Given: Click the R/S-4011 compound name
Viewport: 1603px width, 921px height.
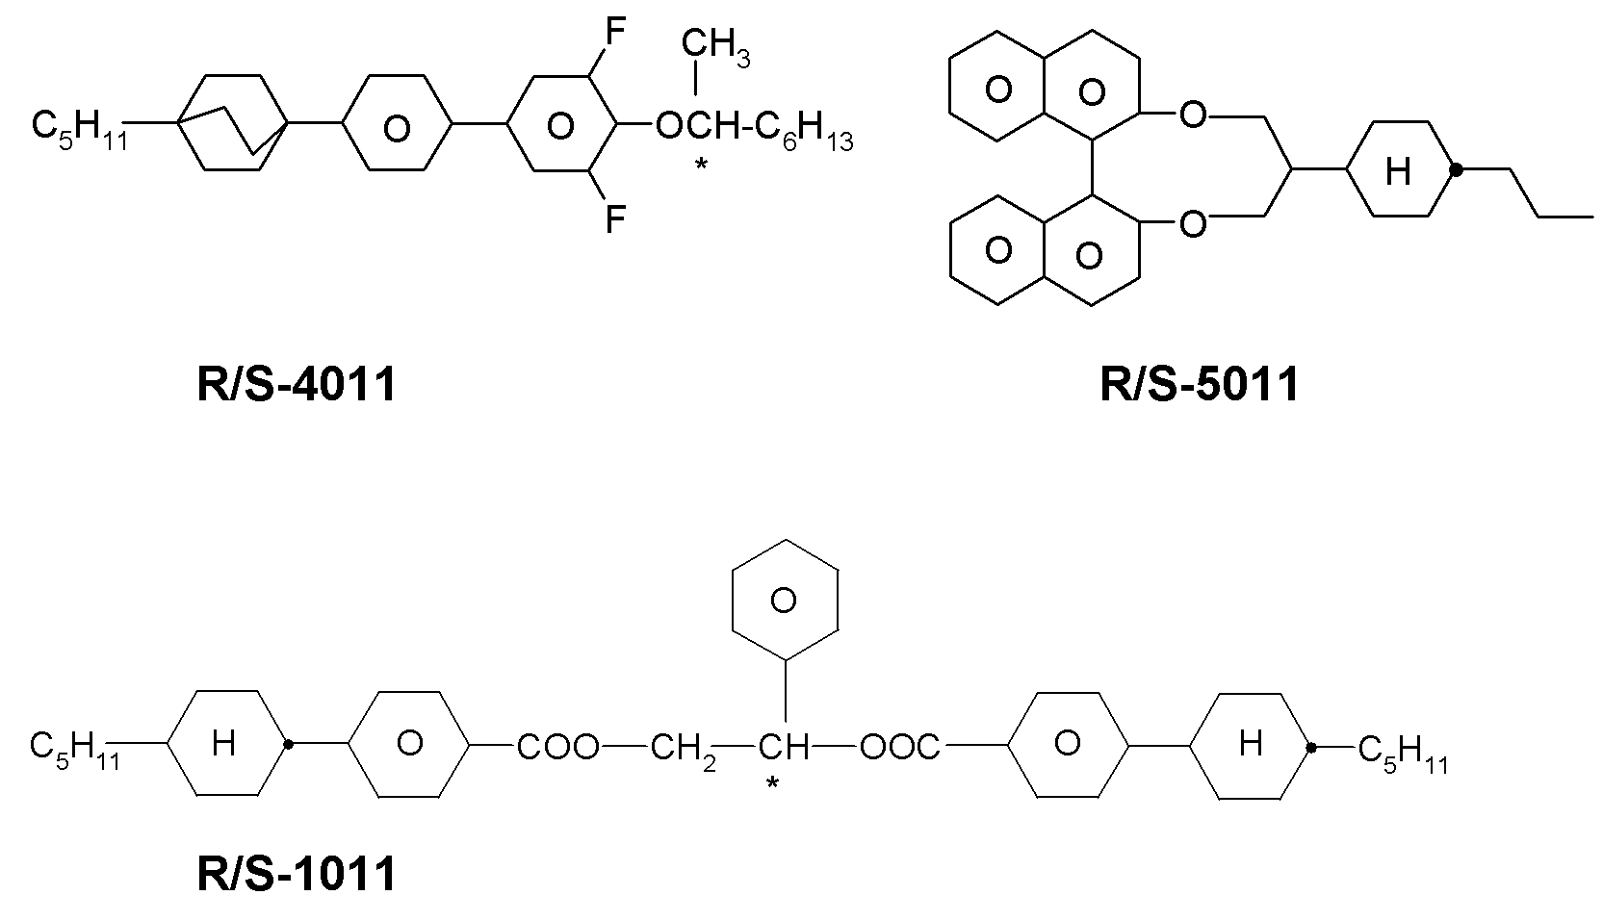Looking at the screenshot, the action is click(297, 385).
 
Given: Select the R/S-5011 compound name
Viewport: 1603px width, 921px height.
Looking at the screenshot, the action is click(1200, 385).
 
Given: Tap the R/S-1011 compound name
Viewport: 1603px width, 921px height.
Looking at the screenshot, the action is click(297, 875).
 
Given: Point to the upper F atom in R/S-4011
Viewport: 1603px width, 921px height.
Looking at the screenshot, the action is click(614, 32).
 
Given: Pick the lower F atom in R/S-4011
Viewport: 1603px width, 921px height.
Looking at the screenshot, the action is click(614, 219).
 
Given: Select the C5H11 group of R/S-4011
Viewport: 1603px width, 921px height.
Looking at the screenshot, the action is click(79, 130).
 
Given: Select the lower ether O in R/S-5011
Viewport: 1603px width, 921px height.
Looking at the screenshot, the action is click(1192, 224).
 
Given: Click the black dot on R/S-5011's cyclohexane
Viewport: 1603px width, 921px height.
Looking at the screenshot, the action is click(1456, 169).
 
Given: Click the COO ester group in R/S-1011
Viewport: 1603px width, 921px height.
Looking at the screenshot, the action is click(557, 747).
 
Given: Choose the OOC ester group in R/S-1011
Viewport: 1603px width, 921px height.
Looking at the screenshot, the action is click(900, 747).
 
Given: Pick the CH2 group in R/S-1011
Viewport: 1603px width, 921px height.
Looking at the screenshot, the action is click(684, 751).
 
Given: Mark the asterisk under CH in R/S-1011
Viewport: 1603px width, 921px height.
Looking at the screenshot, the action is click(772, 783).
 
